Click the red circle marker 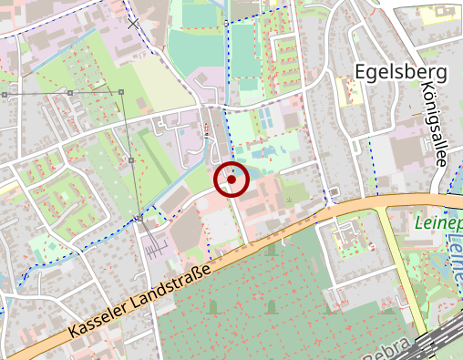231,180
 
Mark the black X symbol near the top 134,23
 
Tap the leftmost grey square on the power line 5,94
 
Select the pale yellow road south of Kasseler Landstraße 405,273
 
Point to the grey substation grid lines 154,242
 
